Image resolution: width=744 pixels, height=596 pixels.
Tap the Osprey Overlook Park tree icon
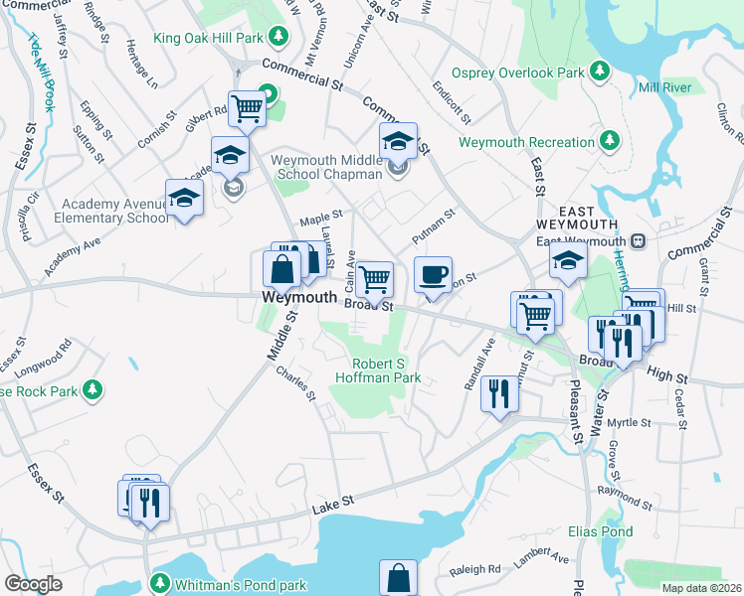pos(600,72)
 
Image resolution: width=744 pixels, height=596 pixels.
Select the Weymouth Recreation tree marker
pos(606,142)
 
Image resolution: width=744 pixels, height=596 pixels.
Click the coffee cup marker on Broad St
pos(433,275)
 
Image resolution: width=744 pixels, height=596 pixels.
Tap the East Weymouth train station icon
pos(638,240)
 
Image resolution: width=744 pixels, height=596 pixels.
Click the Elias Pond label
pos(600,531)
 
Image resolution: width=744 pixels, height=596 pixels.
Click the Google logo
pos(34,584)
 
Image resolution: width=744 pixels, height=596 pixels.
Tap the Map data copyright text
pos(701,588)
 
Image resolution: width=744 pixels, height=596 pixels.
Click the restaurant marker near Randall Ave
pos(498,392)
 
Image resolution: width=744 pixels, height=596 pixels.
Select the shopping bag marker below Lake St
pos(398,577)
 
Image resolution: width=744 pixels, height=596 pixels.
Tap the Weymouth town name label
pos(299,297)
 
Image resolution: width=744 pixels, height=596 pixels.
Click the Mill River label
pos(664,87)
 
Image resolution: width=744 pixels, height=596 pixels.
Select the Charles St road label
pos(295,385)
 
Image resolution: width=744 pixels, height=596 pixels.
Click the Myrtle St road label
pos(629,422)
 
